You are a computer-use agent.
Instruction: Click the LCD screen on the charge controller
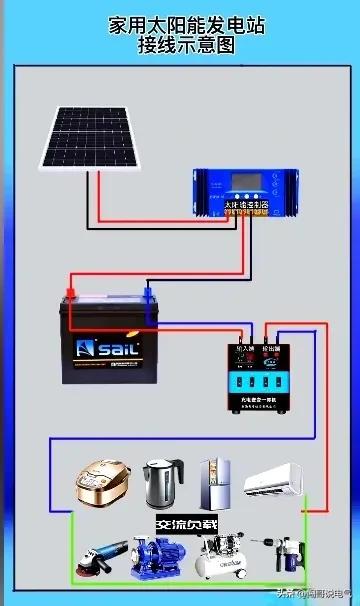coord(245,186)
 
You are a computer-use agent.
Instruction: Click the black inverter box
coord(256,374)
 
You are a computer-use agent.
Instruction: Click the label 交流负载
coord(186,524)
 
